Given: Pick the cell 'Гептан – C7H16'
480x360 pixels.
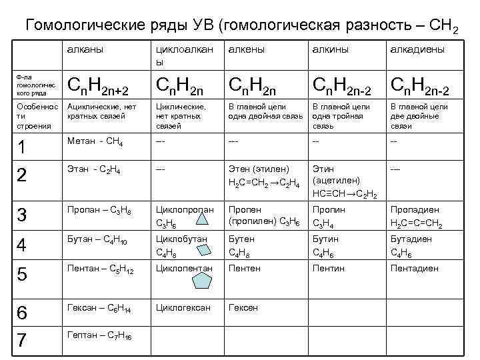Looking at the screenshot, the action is click(x=99, y=335).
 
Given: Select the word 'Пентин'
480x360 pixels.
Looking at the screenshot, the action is click(x=329, y=268).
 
